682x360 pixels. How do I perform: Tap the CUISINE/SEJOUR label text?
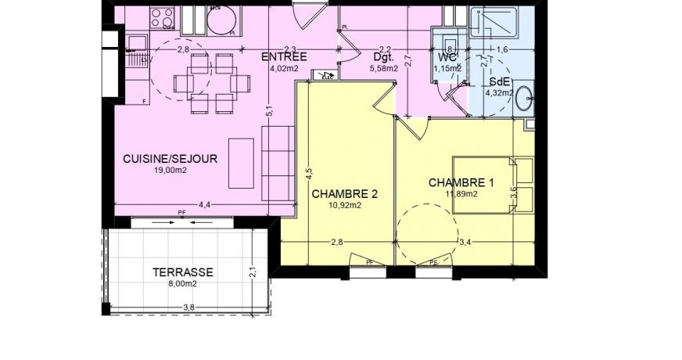point(170,158)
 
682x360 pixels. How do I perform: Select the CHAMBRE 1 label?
point(461,183)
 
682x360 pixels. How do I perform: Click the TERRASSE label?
point(183,272)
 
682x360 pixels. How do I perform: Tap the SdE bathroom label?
point(499,81)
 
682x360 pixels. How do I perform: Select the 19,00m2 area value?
point(170,170)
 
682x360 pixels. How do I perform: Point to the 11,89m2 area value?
point(461,195)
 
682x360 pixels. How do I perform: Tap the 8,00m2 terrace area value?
point(182,284)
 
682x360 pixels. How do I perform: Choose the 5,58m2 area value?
point(383,68)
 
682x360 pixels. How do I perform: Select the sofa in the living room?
point(277,163)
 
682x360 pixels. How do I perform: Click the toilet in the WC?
point(450,42)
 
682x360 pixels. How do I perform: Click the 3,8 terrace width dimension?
point(188,308)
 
